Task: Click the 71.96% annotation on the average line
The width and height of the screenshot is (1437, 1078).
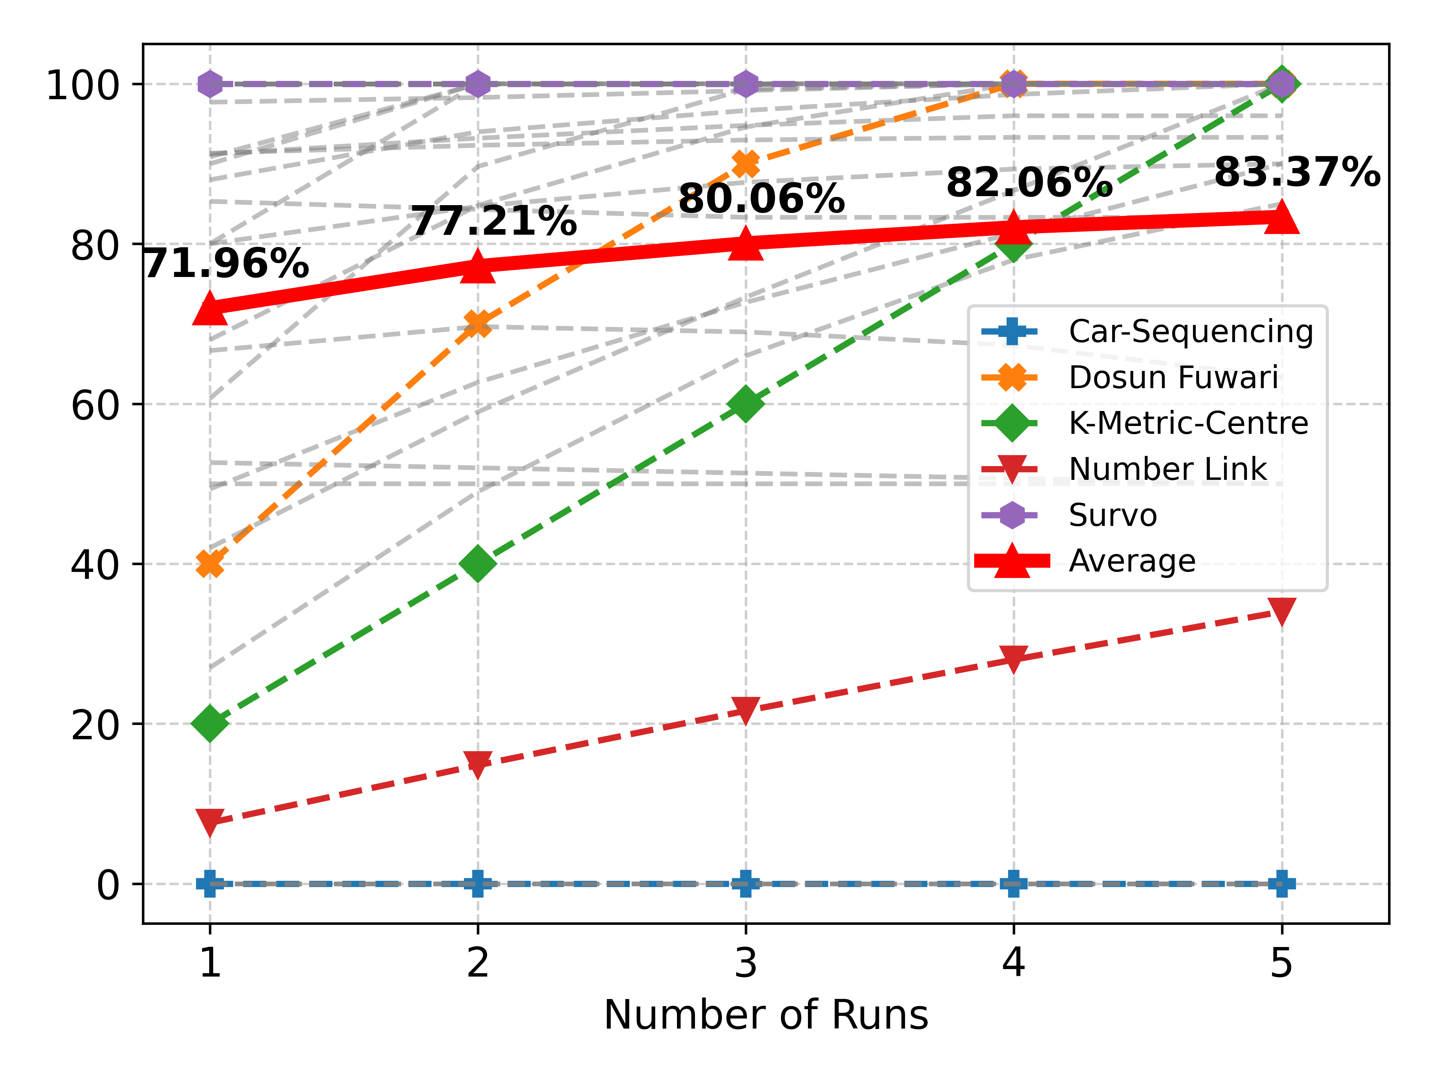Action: click(x=225, y=264)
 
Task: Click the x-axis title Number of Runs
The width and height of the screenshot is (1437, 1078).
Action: click(x=765, y=1015)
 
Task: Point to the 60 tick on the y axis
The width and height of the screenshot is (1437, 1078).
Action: click(x=95, y=405)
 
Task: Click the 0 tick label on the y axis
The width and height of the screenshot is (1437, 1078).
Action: click(x=108, y=884)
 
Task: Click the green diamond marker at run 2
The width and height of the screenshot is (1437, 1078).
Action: click(x=478, y=563)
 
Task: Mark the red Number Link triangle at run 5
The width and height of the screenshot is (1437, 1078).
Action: click(x=1281, y=611)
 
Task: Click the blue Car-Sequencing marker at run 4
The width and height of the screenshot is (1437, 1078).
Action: click(x=1013, y=884)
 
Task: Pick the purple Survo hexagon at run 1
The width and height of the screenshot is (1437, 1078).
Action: click(x=210, y=84)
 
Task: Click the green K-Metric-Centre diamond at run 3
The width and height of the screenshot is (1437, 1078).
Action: click(x=746, y=404)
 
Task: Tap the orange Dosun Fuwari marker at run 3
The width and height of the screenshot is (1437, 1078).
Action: click(x=746, y=164)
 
